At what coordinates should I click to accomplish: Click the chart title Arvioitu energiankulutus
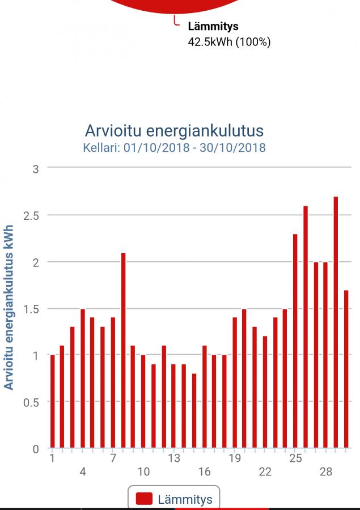coord(174,131)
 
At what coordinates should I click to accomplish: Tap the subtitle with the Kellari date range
coord(174,148)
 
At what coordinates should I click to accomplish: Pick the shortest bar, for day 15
coord(194,411)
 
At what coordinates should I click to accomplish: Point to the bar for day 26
coord(306,327)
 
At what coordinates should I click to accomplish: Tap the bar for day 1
coord(52,401)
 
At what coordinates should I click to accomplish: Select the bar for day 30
coord(346,369)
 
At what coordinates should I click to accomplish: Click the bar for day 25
coord(295,341)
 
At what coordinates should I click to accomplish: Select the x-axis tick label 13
coord(174,458)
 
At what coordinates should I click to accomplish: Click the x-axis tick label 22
coord(265,471)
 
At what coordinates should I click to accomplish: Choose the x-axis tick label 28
coord(325,471)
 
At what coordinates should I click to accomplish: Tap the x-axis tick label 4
coord(83,471)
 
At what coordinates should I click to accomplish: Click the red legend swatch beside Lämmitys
coord(145,499)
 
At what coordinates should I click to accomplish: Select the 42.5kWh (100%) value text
coord(229,41)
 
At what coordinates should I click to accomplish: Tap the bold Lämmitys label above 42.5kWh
coord(213,26)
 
